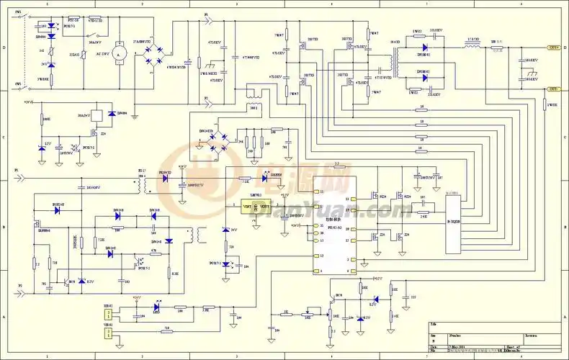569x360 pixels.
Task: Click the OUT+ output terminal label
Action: [x=554, y=48]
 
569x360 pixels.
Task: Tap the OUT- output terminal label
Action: [x=554, y=89]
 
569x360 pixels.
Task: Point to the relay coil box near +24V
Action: [x=98, y=114]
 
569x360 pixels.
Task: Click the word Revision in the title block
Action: [x=530, y=336]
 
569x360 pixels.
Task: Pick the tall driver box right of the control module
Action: [x=453, y=223]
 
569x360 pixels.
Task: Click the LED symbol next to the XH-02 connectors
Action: [x=156, y=307]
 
